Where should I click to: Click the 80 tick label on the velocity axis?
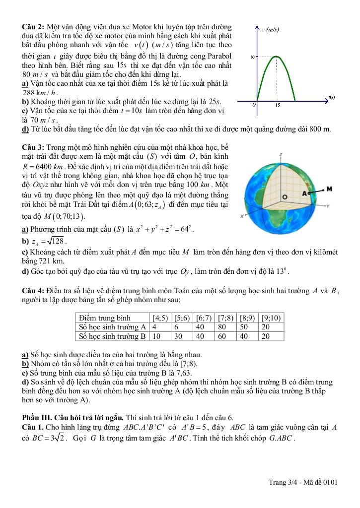252,57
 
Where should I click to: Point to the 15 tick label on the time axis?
278,106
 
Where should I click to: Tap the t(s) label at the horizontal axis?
332,97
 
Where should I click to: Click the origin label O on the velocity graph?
254,105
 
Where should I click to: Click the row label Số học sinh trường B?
112,336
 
